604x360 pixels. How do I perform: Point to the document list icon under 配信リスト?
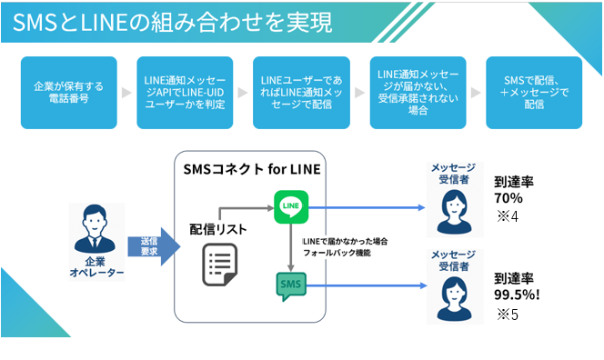pyautogui.click(x=218, y=263)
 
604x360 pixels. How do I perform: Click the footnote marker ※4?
pyautogui.click(x=507, y=216)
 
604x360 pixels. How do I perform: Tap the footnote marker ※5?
pyautogui.click(x=506, y=315)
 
